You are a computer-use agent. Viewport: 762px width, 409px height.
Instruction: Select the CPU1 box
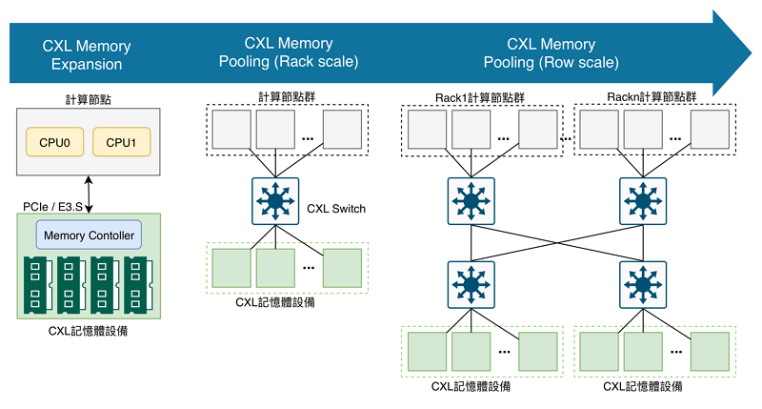(x=121, y=143)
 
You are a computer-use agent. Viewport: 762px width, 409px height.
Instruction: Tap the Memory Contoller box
(x=88, y=235)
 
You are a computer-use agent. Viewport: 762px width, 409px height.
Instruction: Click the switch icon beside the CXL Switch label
(x=276, y=202)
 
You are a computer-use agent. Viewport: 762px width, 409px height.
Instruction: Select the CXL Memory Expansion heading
(x=87, y=55)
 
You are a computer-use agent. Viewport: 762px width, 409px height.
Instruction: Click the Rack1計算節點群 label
(x=480, y=96)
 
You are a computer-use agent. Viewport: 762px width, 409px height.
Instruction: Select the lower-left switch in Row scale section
(x=471, y=282)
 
